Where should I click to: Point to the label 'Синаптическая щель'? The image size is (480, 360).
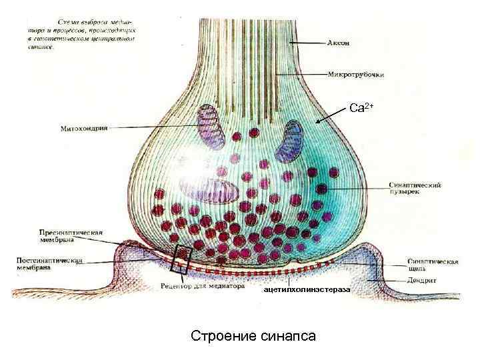pyautogui.click(x=432, y=265)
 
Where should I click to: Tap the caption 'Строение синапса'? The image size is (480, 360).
pyautogui.click(x=253, y=335)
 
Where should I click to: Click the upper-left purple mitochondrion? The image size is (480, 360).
pyautogui.click(x=212, y=124)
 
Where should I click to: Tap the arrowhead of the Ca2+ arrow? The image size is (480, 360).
pyautogui.click(x=319, y=121)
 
